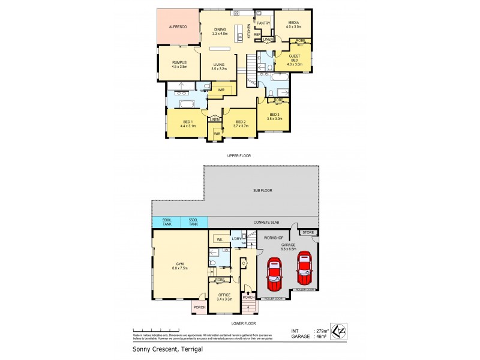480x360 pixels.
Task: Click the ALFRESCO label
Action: [178, 27]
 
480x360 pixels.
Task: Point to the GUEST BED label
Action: [294, 58]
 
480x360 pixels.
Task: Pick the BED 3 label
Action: [274, 115]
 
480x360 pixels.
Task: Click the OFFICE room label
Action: [224, 295]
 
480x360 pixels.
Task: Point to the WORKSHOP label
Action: [273, 238]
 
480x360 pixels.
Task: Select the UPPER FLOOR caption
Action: [238, 155]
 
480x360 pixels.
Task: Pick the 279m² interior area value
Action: [324, 331]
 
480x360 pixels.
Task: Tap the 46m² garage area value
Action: [323, 337]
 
